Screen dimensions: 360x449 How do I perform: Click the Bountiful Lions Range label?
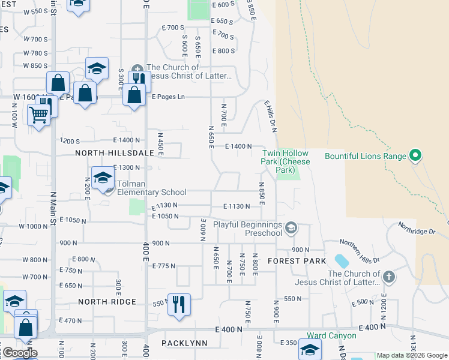365,156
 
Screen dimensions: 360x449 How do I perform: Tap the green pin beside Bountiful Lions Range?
415,157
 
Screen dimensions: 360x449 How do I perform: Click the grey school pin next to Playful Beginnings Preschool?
291,227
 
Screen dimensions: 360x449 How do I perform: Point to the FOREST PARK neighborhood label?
297,261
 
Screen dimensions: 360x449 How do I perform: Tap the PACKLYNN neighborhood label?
184,343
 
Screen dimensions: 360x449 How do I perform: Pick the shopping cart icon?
39,113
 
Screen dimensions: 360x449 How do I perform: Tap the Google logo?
19,353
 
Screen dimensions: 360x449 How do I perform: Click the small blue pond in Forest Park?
341,261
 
